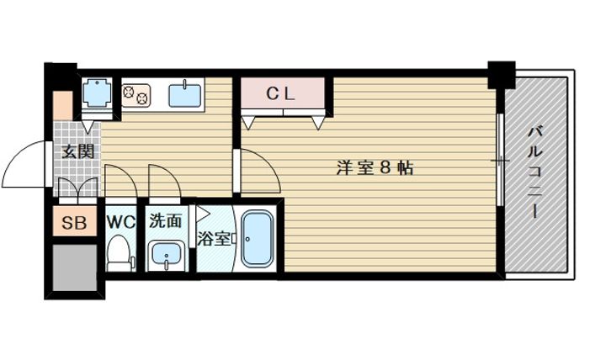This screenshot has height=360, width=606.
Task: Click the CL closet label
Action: pyautogui.click(x=283, y=94)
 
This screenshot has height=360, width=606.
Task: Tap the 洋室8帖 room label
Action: pyautogui.click(x=375, y=167)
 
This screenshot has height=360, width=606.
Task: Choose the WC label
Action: pyautogui.click(x=122, y=223)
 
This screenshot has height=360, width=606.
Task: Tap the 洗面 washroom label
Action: pyautogui.click(x=166, y=223)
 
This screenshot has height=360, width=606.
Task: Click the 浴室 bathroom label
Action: pyautogui.click(x=213, y=238)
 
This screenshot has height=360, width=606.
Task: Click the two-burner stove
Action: pyautogui.click(x=136, y=93)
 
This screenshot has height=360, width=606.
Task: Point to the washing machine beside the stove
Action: pyautogui.click(x=98, y=94)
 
